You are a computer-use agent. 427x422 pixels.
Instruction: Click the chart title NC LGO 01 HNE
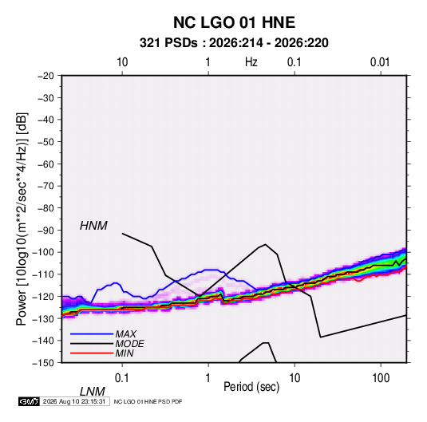(x=234, y=22)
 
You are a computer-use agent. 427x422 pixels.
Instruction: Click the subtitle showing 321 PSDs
(x=234, y=43)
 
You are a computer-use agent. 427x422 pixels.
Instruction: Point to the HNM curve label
(x=93, y=226)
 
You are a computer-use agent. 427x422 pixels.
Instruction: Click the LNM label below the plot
(x=93, y=392)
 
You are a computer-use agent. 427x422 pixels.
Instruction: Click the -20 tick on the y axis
(x=45, y=76)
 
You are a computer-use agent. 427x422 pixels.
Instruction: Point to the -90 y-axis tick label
(x=45, y=231)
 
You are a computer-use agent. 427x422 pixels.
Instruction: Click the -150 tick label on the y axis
(x=43, y=363)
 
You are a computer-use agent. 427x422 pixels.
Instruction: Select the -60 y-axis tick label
(x=45, y=164)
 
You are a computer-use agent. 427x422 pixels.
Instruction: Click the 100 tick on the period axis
(x=381, y=378)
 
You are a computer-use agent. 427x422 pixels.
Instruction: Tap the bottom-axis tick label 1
(x=208, y=378)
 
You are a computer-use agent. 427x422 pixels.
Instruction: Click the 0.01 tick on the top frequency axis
(x=380, y=62)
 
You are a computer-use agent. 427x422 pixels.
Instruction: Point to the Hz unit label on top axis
(x=251, y=62)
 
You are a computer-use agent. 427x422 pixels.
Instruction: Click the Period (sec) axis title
(x=251, y=387)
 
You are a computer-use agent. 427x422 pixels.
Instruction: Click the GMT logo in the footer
(x=29, y=401)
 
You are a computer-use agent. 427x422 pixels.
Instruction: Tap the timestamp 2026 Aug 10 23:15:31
(x=74, y=401)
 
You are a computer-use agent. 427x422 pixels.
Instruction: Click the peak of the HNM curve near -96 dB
(x=265, y=244)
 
